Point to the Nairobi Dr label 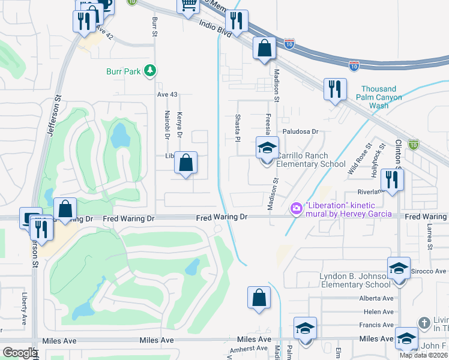167,124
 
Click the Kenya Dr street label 179,122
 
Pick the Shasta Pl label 238,128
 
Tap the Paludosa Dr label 300,131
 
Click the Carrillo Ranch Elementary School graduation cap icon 267,147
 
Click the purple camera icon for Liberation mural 296,209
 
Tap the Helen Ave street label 379,311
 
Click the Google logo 19,353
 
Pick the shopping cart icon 188,5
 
